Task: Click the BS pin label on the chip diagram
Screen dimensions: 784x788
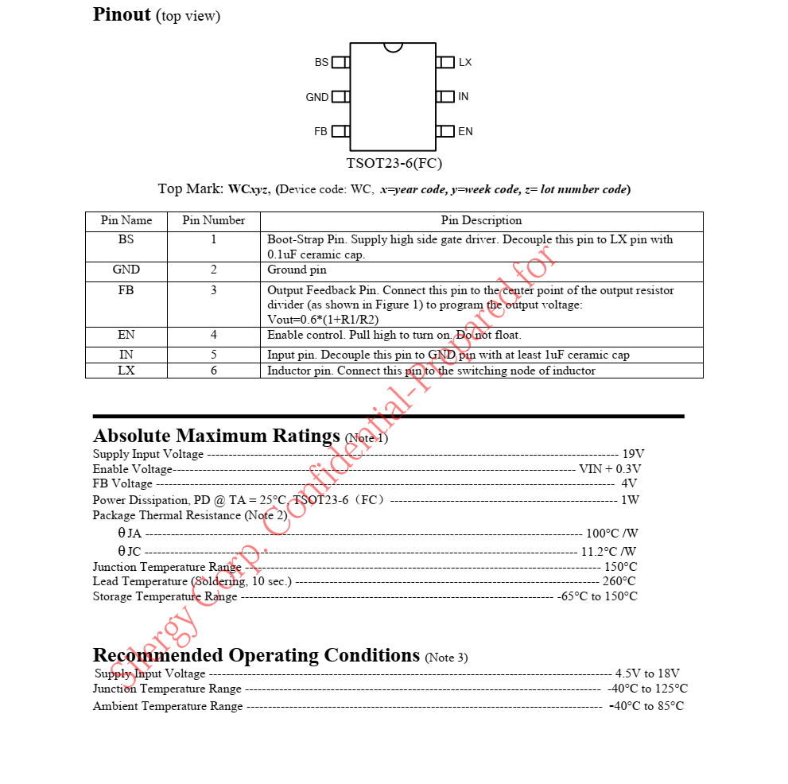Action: pos(321,62)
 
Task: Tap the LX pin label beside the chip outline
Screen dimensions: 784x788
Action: pos(465,62)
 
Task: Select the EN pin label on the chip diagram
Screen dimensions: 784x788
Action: pos(465,131)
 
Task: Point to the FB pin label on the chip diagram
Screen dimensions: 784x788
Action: pos(320,131)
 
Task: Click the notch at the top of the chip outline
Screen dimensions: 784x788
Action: pos(393,47)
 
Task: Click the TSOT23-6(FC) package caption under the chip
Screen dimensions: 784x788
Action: pos(394,164)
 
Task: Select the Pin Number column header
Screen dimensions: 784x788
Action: pos(213,220)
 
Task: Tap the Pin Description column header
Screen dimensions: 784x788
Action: pos(481,220)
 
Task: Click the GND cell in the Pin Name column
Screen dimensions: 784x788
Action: pos(126,270)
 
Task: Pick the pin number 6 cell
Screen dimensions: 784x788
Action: pos(213,371)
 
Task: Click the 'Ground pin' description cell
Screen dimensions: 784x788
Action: pos(297,270)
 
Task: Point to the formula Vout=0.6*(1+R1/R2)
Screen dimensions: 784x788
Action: pos(323,319)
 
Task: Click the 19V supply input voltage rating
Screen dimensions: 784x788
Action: pos(633,454)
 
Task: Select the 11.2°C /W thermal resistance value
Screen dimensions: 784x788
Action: pos(608,551)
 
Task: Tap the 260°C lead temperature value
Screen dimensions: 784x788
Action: pos(619,581)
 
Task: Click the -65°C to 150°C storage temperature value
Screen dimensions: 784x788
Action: pos(596,596)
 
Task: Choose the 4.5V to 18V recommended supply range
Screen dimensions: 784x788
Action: pos(647,673)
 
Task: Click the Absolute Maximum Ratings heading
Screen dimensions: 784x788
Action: pos(217,436)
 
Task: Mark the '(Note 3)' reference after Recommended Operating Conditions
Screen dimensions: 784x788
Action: pos(446,658)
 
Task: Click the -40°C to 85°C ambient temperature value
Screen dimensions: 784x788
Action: pos(646,706)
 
